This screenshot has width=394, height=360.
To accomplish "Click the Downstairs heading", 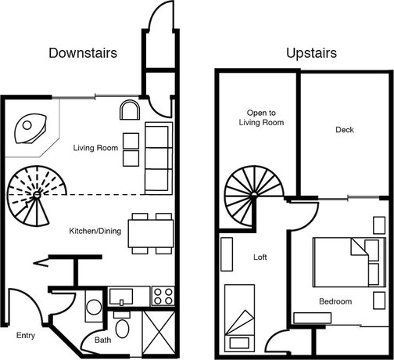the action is [83, 53].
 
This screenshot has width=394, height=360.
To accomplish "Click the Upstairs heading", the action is [311, 53].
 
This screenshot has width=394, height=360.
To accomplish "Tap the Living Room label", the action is [95, 148].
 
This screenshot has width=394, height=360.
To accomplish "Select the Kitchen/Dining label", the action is [95, 231].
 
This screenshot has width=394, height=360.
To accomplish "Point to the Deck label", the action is [345, 130].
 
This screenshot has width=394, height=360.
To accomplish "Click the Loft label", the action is [260, 257].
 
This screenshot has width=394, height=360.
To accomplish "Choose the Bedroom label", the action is [335, 301].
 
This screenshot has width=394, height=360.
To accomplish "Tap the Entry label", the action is [26, 336].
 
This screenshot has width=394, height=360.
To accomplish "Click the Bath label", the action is [102, 340].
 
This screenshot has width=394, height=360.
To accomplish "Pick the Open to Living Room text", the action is [261, 117].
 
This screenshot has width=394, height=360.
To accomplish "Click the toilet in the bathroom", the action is [122, 325].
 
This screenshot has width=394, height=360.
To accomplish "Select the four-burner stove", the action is [163, 296].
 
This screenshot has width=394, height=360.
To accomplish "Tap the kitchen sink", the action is [121, 297].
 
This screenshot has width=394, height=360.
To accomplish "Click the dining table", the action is [151, 234].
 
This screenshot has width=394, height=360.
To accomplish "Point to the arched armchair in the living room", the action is [130, 110].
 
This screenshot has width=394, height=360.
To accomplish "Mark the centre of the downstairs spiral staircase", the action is [37, 195].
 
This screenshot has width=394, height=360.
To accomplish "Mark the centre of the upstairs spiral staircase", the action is [254, 195].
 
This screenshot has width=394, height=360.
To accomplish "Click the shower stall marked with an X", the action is [159, 333].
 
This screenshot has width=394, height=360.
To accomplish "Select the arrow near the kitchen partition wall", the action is [41, 263].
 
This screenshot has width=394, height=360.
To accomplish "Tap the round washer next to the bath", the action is [94, 307].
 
